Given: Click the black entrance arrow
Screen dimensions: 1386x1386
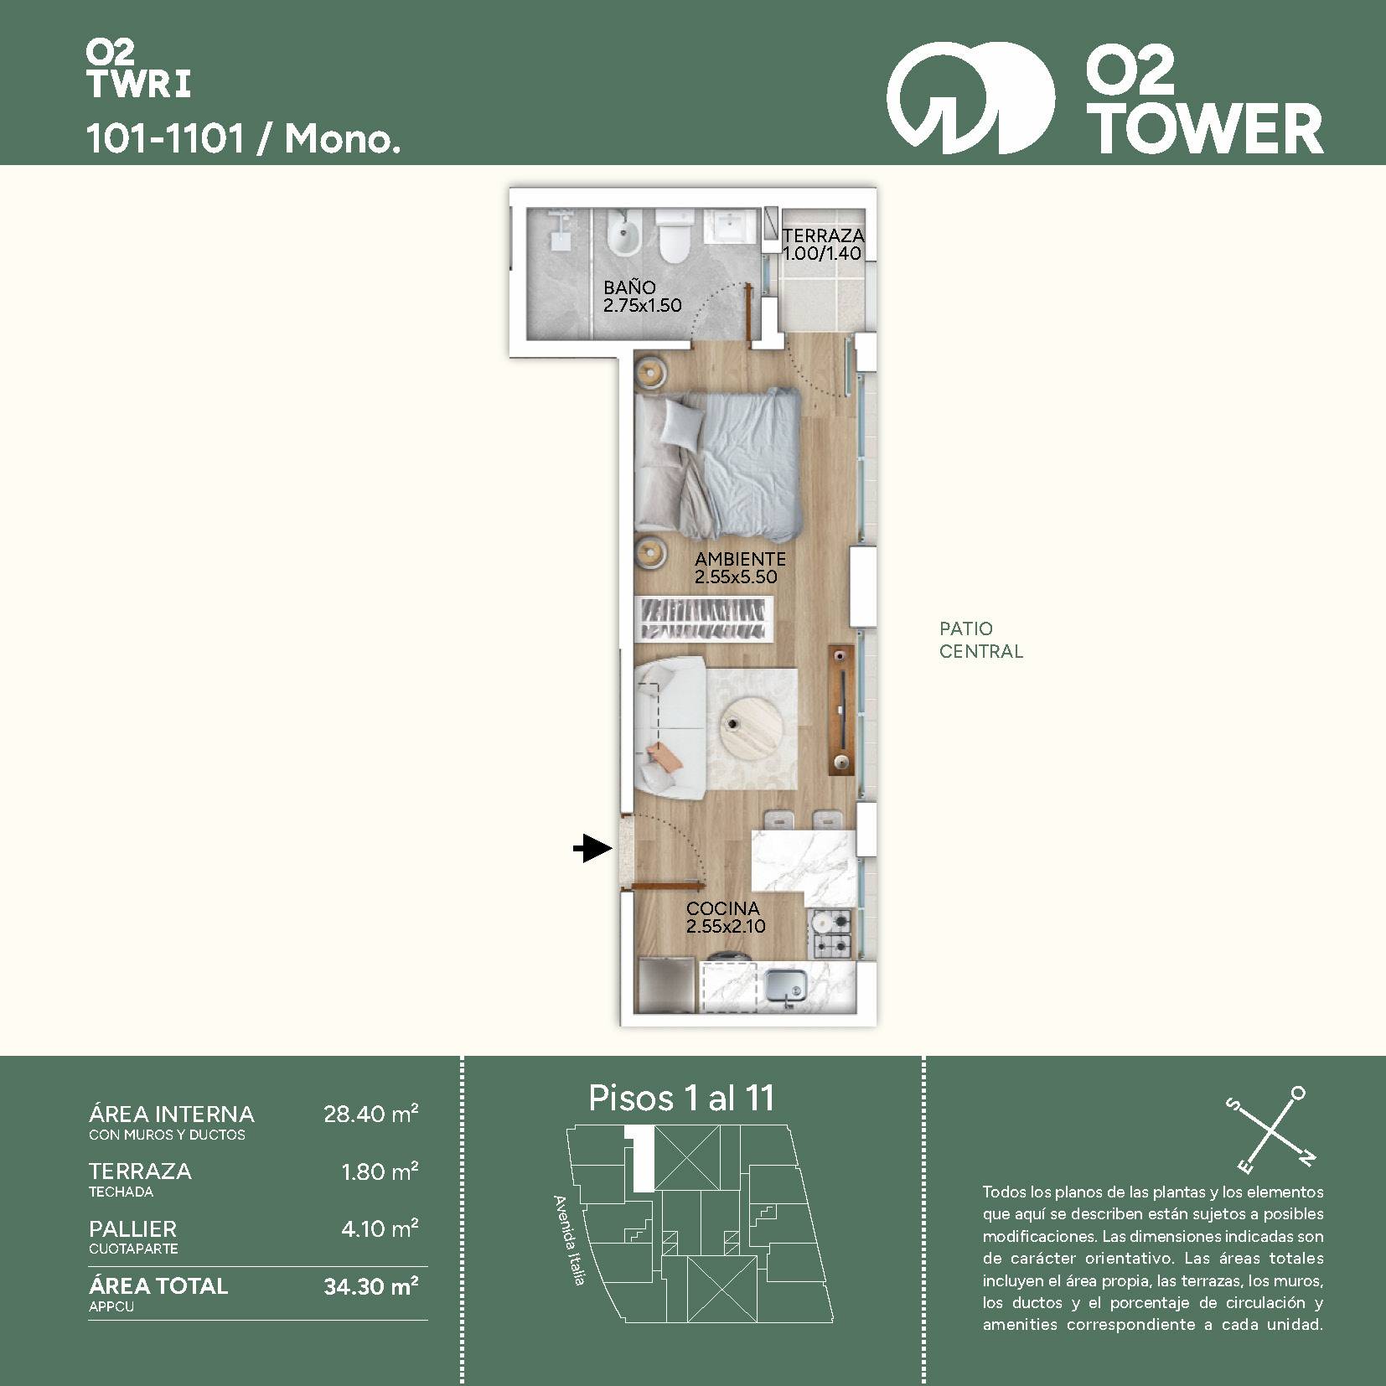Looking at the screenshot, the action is click(592, 849).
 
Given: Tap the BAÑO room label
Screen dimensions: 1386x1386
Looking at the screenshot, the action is click(629, 287).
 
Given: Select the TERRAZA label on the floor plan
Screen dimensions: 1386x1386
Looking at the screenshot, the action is click(824, 235).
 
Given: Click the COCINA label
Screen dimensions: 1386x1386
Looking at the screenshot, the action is click(723, 908).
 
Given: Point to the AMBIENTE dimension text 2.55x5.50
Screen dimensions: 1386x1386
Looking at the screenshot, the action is click(736, 577).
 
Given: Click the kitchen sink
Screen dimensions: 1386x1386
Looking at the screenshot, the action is click(786, 985).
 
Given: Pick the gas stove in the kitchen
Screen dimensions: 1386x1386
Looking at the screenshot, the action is click(832, 934).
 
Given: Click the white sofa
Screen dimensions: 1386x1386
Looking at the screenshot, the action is click(669, 726).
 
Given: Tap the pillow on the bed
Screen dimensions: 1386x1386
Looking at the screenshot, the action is click(680, 421).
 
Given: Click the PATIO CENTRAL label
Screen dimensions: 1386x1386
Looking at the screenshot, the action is click(980, 639).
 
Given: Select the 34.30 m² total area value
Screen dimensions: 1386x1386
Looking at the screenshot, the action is click(370, 1285).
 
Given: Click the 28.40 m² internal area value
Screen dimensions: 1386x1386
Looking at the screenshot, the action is click(370, 1114).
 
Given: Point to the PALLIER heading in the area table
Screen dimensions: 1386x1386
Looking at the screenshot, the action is click(132, 1228).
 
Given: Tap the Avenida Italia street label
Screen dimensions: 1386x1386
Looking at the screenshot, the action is click(570, 1240).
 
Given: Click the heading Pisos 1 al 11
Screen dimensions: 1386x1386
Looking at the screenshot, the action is click(681, 1098).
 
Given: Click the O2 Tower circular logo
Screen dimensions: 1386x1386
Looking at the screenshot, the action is click(970, 98).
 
